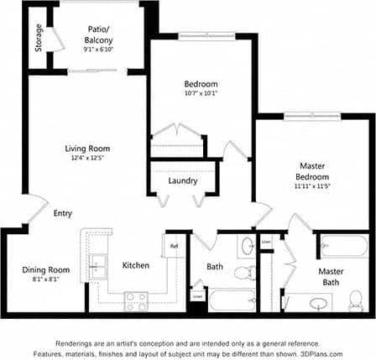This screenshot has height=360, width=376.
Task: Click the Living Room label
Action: (x=87, y=149)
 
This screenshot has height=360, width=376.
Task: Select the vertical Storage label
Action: (x=39, y=37)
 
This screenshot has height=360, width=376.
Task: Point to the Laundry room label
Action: (x=182, y=180)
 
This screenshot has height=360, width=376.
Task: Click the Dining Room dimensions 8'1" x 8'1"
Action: (x=45, y=280)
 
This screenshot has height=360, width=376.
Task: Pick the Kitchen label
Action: (x=136, y=265)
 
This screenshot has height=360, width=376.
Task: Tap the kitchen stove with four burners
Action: (x=136, y=300)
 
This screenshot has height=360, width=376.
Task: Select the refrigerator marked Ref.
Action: (x=175, y=247)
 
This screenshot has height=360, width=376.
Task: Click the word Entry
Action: (x=62, y=213)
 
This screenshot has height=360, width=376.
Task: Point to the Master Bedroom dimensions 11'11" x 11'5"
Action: (x=312, y=186)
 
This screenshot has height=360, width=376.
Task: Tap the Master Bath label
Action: (x=331, y=277)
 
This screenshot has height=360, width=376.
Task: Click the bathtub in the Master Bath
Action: (x=343, y=246)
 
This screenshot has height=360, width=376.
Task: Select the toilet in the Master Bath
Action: (x=356, y=300)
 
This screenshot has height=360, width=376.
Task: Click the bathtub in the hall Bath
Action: (x=232, y=300)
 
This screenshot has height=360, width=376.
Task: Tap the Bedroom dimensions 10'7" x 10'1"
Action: (x=201, y=94)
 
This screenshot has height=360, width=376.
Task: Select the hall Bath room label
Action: (x=214, y=267)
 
